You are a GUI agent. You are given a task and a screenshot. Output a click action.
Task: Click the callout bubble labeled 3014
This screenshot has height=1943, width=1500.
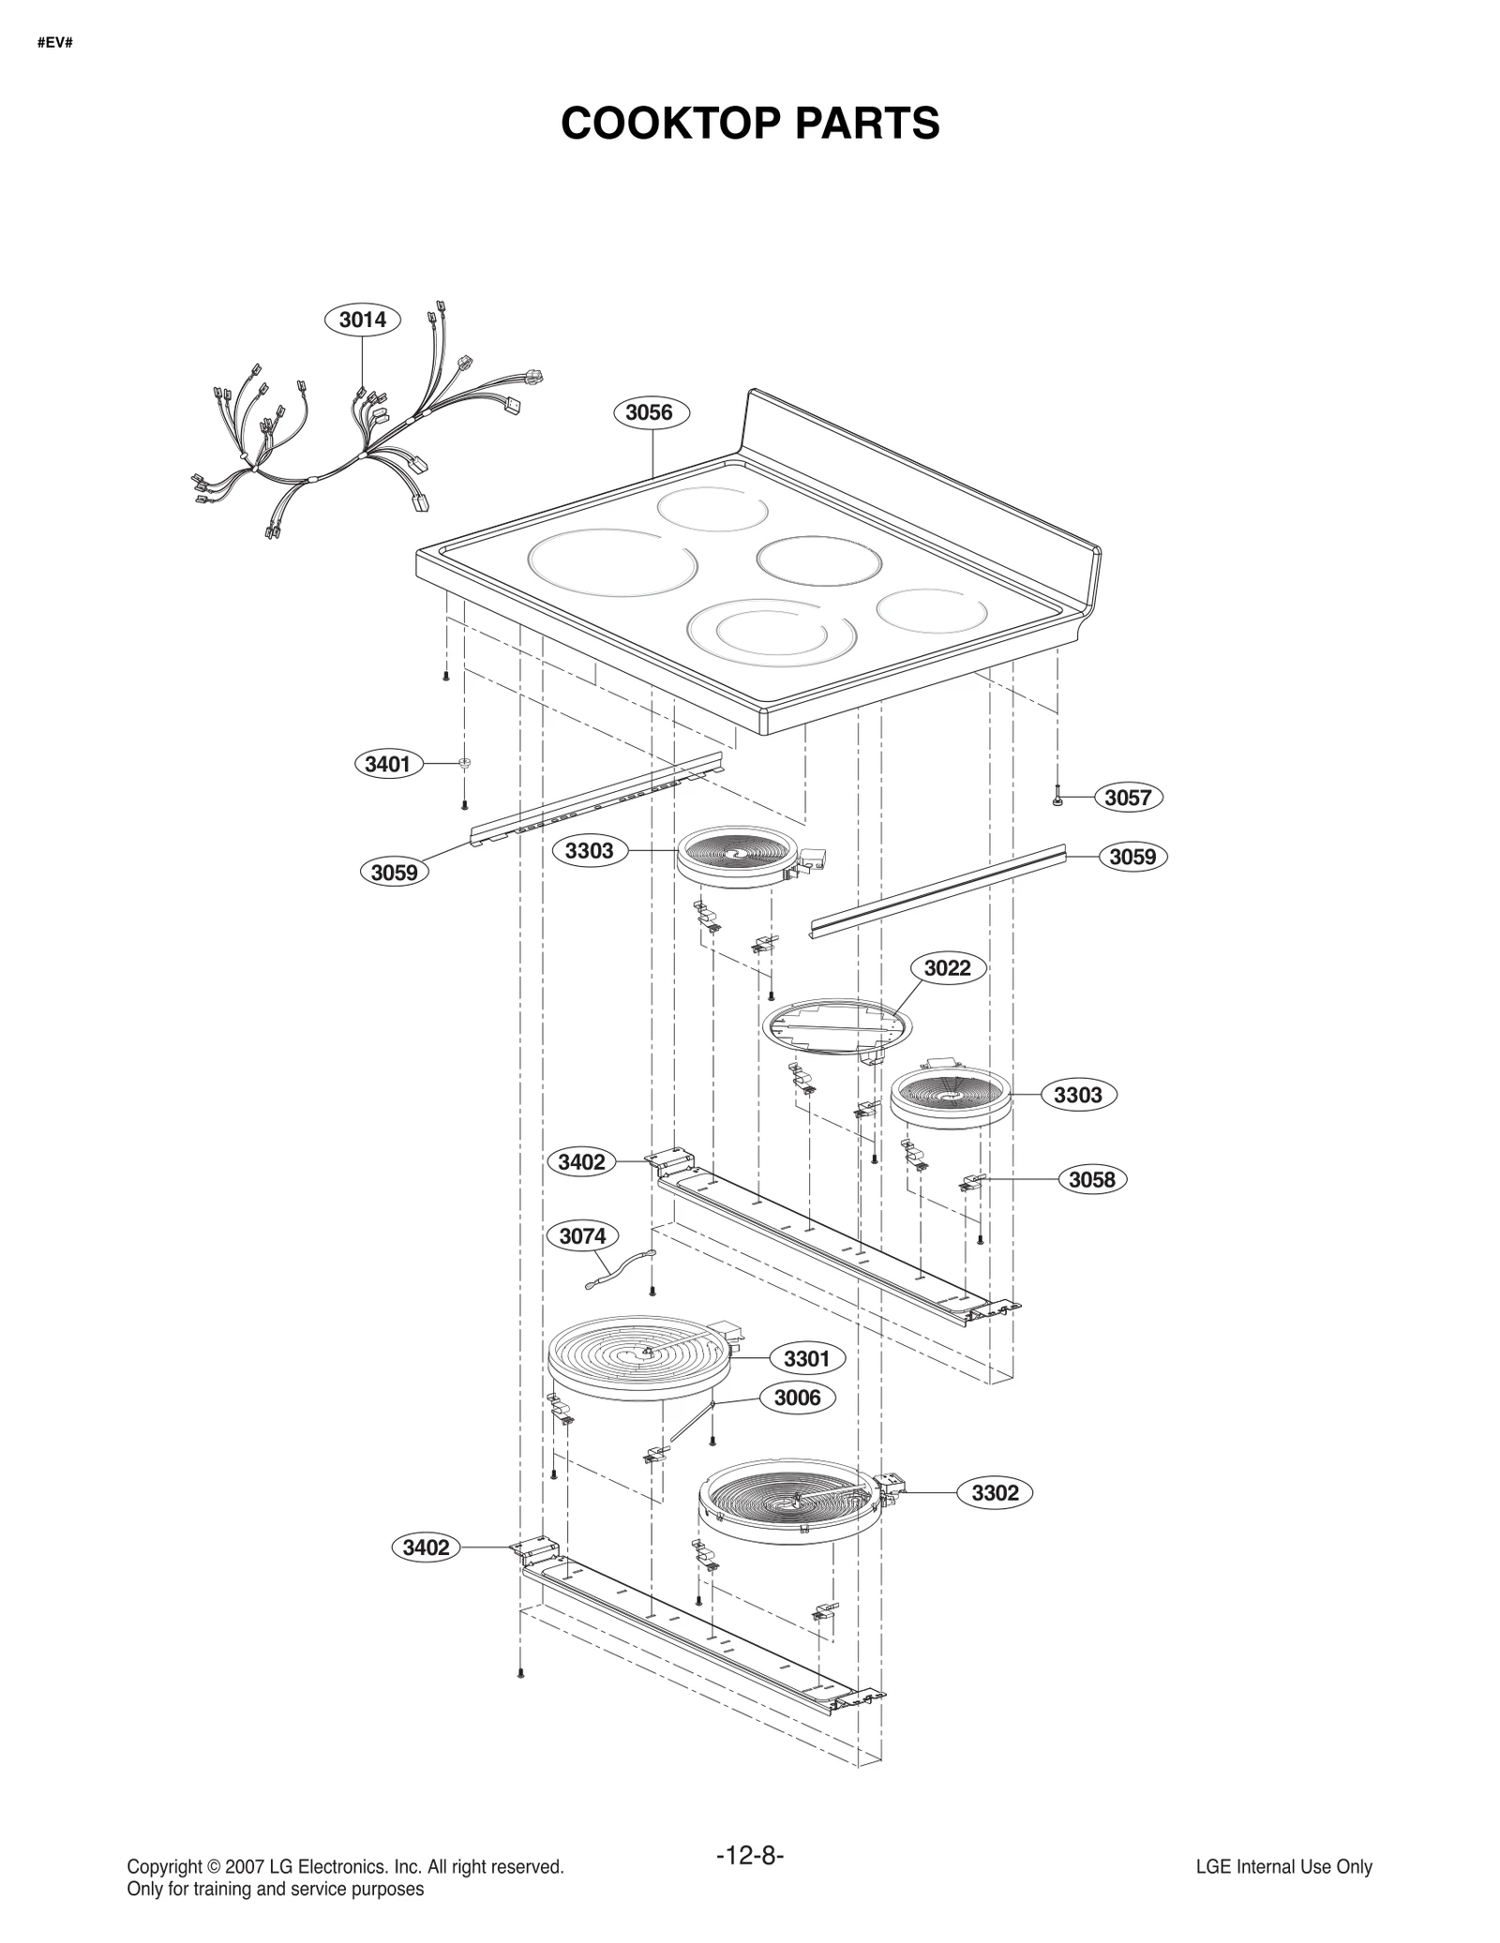tap(363, 320)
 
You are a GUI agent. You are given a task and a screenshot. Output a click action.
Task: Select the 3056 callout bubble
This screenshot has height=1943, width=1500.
tap(650, 412)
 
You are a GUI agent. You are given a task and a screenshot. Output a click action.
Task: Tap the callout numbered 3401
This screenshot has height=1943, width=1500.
tap(388, 764)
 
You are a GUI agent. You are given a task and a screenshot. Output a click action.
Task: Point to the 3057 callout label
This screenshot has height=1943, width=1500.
tap(1128, 798)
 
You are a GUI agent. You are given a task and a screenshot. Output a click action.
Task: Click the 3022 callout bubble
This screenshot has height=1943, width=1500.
tap(948, 968)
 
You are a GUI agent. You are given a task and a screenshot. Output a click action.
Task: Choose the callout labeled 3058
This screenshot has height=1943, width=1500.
tap(1093, 1179)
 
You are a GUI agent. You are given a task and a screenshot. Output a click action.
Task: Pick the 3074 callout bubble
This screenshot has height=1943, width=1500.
tap(583, 1236)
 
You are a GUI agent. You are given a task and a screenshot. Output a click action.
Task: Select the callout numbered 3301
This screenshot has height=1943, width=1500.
tap(807, 1358)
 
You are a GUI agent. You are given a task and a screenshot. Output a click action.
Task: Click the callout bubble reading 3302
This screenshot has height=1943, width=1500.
tap(995, 1493)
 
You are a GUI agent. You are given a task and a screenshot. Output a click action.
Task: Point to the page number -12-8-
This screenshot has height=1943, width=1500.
tap(750, 1856)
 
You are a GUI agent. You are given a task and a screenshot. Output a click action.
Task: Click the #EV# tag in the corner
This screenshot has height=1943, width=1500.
tap(55, 43)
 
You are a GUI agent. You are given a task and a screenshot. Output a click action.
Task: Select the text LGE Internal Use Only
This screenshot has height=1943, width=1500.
tap(1283, 1867)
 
